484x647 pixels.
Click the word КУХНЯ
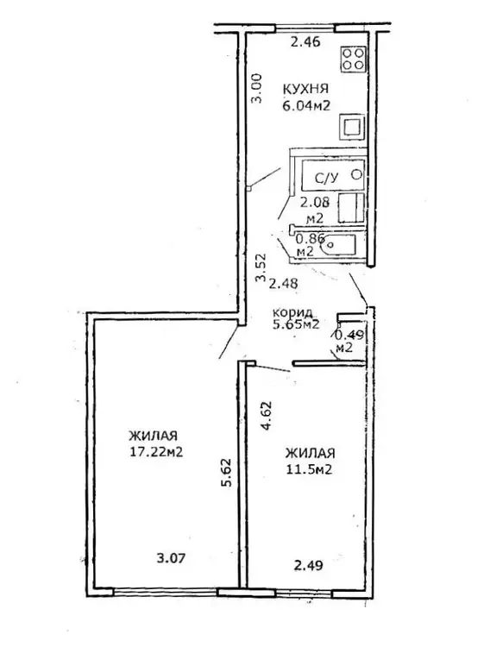(305, 89)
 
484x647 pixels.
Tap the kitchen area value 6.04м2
(306, 106)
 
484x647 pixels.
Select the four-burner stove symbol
(353, 59)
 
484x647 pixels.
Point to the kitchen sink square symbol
(352, 126)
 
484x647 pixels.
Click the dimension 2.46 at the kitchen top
(305, 41)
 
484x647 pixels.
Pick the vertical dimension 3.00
(256, 88)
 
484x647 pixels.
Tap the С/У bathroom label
(326, 178)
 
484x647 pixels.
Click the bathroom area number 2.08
(314, 203)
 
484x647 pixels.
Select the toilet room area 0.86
(311, 238)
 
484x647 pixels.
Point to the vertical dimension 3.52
(260, 267)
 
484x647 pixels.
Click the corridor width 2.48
(283, 284)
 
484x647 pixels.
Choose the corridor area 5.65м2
(296, 323)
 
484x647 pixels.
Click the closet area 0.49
(349, 335)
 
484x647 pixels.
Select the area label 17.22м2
(156, 451)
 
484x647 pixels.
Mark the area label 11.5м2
(310, 469)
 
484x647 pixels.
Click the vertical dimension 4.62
(267, 416)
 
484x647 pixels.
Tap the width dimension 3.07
(171, 558)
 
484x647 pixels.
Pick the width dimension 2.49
(308, 565)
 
